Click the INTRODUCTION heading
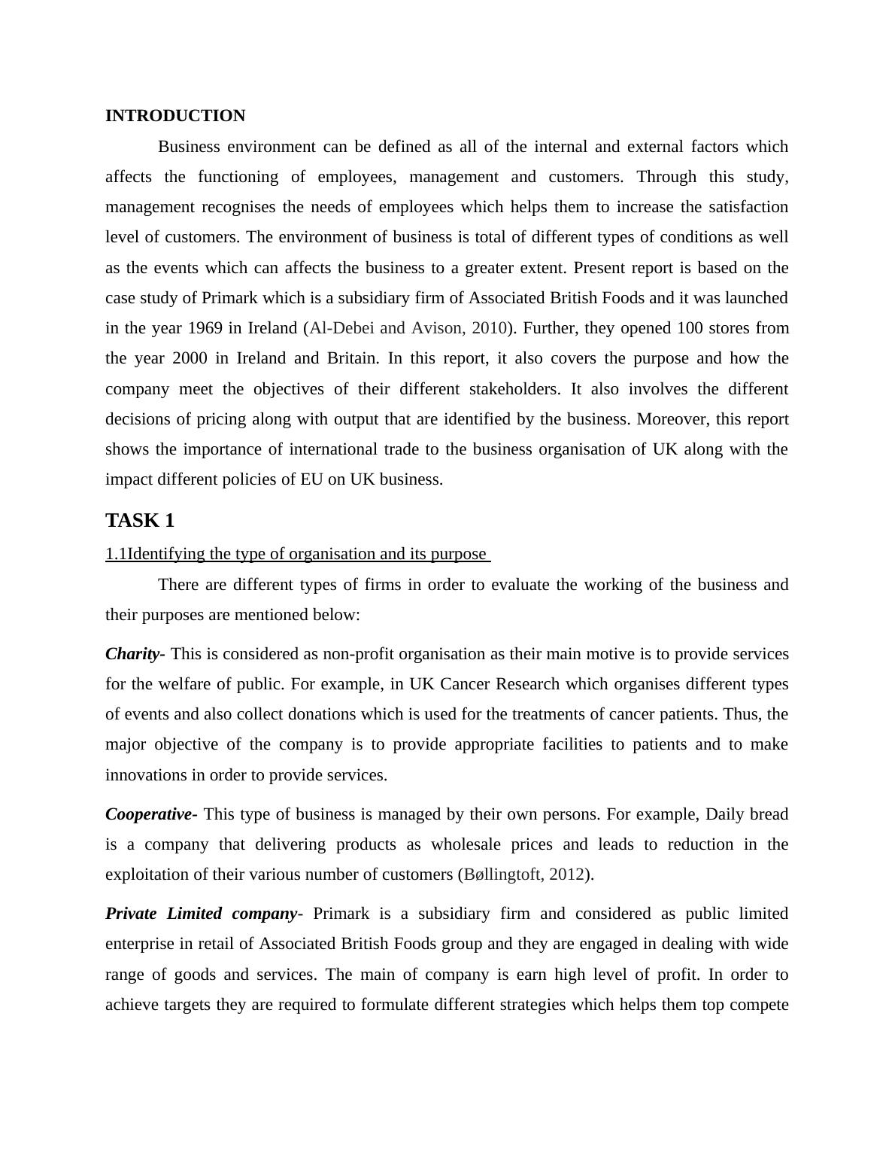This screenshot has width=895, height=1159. [x=175, y=116]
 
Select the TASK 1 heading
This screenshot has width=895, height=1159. [x=140, y=521]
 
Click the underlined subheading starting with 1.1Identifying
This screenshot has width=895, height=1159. [x=297, y=555]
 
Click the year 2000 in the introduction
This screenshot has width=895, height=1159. [x=190, y=358]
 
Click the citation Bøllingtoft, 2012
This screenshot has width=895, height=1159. [x=524, y=875]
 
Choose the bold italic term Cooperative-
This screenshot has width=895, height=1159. [x=151, y=814]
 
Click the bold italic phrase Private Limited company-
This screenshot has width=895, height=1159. [x=204, y=914]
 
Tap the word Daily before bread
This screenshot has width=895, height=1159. [x=725, y=814]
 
